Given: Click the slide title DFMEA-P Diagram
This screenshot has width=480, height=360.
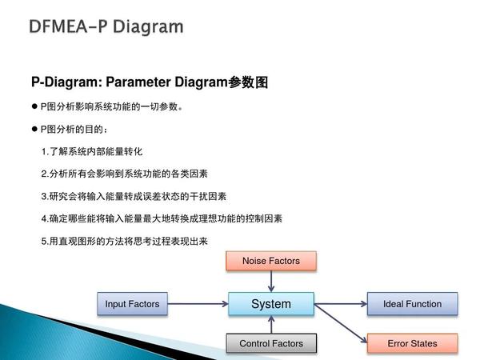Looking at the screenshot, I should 106,27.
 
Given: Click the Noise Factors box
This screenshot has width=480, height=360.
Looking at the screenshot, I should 271,261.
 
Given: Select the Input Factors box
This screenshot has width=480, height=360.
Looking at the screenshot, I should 132,304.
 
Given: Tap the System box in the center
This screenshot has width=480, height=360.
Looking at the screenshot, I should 271,304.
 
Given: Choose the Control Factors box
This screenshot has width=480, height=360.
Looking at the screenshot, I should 271,344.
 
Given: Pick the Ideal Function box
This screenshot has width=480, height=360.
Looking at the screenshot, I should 412,304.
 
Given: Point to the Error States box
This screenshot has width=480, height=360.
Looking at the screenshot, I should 412,344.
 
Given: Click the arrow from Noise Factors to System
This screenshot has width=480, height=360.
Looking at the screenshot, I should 271,281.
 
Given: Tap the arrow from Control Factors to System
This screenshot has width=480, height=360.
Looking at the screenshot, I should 271,325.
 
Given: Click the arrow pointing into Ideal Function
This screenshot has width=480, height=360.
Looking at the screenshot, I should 340,304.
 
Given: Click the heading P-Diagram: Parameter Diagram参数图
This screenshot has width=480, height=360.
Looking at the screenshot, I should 148,82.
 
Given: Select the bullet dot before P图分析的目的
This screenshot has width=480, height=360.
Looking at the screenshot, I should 34,129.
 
